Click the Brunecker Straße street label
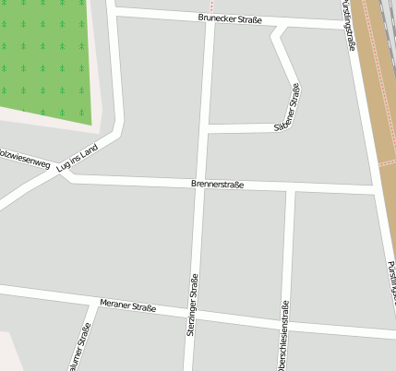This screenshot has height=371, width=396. (230, 18)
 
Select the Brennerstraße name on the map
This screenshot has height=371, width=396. (218, 185)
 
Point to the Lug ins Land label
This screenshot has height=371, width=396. (77, 158)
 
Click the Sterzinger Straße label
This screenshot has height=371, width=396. (193, 308)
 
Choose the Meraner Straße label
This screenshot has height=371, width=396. (128, 305)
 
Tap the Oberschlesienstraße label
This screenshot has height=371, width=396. (285, 338)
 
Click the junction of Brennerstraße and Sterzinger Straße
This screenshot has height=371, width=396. (202, 187)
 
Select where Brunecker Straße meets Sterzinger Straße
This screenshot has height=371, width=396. (211, 18)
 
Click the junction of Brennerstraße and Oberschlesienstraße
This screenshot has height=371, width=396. (290, 190)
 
